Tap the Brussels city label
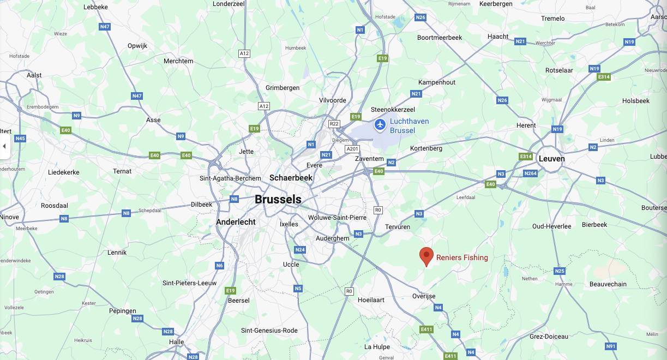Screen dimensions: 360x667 [x=278, y=200]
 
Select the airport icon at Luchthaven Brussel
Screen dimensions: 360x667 [x=380, y=125]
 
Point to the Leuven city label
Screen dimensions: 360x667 [x=551, y=159]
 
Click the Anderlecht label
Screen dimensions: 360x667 [x=236, y=222]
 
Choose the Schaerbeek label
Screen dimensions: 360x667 [x=291, y=178]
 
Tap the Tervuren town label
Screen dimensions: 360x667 [x=397, y=227]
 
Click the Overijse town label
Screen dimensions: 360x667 [x=424, y=296]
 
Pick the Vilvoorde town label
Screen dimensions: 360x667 [x=332, y=100]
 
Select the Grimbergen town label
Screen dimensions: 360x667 [x=283, y=88]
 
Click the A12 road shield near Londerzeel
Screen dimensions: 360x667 [x=244, y=53]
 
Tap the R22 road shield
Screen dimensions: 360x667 [x=334, y=124]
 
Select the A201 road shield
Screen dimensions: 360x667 [x=352, y=149]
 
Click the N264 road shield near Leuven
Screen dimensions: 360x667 [x=530, y=173]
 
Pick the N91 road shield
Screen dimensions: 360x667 [x=611, y=346]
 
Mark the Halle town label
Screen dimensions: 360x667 [x=176, y=342]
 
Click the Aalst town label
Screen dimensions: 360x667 [x=34, y=75]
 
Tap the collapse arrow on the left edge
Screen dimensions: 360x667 [x=4, y=146]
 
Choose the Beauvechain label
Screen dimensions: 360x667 [x=608, y=284]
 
